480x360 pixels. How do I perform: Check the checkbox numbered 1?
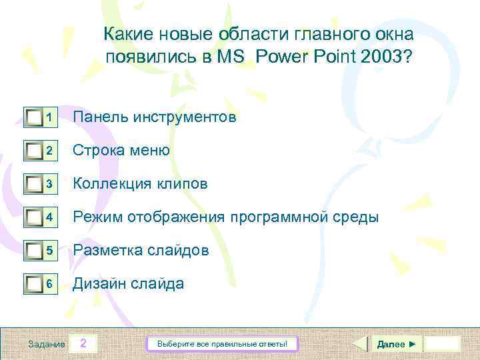33,118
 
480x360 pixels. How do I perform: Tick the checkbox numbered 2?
33,151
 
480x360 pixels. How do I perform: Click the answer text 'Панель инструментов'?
154,117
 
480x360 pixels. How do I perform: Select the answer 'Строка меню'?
121,151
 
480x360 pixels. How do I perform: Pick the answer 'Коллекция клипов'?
140,184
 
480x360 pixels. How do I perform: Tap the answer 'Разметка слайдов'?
141,251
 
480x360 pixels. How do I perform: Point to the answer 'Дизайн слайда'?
128,284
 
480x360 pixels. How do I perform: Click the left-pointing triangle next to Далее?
359,344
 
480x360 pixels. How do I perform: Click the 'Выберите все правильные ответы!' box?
222,344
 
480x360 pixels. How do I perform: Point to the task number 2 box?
83,344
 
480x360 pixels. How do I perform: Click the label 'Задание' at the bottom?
47,345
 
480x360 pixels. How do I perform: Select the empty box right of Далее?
442,344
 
